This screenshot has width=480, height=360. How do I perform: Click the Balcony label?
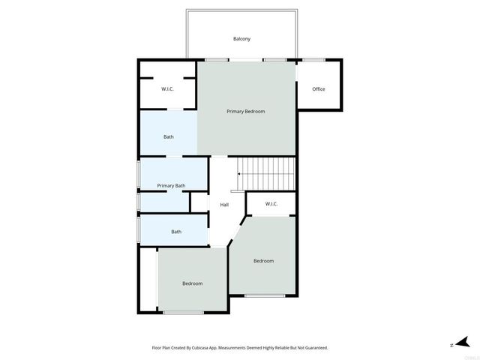(x=241, y=39)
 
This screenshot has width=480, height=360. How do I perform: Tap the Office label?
(x=319, y=89)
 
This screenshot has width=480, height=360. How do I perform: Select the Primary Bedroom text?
(x=246, y=111)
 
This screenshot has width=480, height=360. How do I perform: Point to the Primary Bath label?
(x=171, y=185)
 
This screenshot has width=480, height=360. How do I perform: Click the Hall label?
(x=224, y=205)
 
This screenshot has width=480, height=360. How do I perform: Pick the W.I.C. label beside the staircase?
(x=271, y=204)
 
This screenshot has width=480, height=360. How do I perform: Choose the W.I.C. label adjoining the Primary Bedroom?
(x=168, y=89)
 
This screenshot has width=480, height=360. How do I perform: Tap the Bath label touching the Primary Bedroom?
(x=169, y=136)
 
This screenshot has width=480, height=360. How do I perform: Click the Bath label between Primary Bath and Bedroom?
(x=176, y=232)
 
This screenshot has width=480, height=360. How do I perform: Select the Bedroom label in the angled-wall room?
(x=263, y=261)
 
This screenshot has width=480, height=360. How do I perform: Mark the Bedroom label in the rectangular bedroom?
(x=193, y=283)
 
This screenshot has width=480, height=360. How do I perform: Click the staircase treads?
(x=267, y=174)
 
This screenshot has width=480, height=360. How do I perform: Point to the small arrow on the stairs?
(x=239, y=174)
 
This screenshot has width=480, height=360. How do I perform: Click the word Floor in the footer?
(x=157, y=348)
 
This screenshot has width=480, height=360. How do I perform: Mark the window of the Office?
(x=313, y=59)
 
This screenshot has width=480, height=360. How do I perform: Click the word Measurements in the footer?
(x=244, y=348)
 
